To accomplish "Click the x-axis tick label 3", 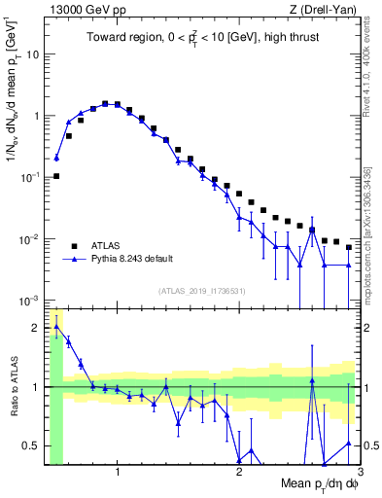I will coord(359,473).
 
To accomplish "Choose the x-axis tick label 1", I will coord(118,473).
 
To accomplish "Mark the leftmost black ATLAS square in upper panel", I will coord(56,176).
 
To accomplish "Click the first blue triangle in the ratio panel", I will coord(56,327).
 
